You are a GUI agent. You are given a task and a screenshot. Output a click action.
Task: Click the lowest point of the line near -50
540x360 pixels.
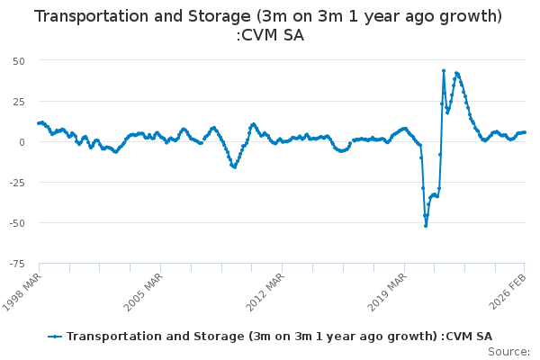point(426,225)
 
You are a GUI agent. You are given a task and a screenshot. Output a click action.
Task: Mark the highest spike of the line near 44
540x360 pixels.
point(444,70)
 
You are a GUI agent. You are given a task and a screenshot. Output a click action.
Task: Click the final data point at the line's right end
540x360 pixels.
point(526,132)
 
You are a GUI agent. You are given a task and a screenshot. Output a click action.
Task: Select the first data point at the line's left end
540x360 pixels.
point(39,122)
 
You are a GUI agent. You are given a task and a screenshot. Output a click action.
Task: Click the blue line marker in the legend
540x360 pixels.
point(56,336)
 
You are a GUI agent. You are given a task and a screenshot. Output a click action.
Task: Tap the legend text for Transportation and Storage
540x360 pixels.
point(279,336)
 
